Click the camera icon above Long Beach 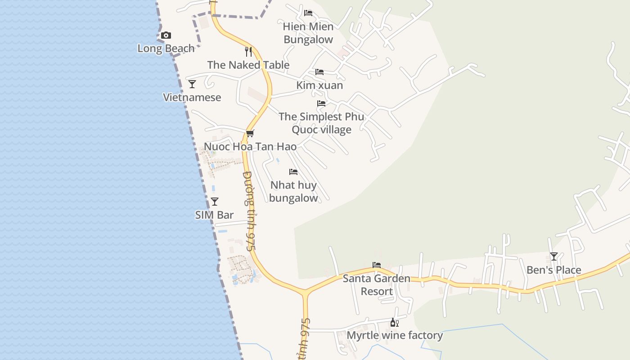[x=166, y=36]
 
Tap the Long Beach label [x=166, y=48]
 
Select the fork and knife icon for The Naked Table [x=248, y=52]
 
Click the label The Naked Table [x=248, y=65]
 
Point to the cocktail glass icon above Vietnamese [x=192, y=84]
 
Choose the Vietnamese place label [x=192, y=97]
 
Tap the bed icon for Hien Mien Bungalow [x=308, y=13]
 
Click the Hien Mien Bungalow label [x=308, y=33]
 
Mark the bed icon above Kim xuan [x=319, y=72]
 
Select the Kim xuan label [x=319, y=85]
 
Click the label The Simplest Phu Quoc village [x=321, y=123]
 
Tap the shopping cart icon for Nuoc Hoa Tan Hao [x=250, y=134]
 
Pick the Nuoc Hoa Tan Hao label [x=250, y=147]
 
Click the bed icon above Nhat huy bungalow [x=293, y=172]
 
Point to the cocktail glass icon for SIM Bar [x=215, y=202]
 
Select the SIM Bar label [x=215, y=215]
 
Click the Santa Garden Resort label [x=377, y=285]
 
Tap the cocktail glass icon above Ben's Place [x=554, y=256]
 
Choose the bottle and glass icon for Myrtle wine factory [x=395, y=322]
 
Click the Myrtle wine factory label [x=395, y=335]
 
